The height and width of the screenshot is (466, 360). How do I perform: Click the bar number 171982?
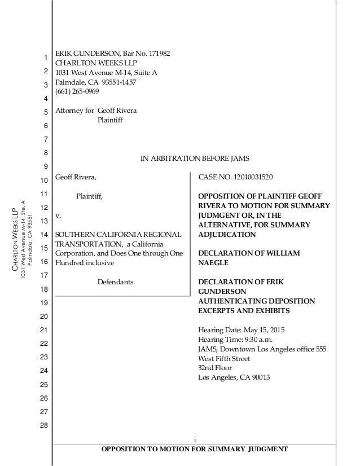pyautogui.click(x=156, y=54)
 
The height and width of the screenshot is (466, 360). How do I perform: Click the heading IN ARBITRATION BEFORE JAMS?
pyautogui.click(x=195, y=158)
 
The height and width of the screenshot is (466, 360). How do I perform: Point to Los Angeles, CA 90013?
pyautogui.click(x=234, y=378)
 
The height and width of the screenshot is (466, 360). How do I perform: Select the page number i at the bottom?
pyautogui.click(x=194, y=439)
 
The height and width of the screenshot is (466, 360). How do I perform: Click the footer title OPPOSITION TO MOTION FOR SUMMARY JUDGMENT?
pyautogui.click(x=194, y=449)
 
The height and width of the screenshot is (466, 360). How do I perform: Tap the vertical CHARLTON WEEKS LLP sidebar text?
pyautogui.click(x=16, y=239)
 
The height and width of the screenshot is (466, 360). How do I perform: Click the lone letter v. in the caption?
pyautogui.click(x=58, y=216)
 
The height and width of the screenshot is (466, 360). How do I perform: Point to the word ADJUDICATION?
pyautogui.click(x=226, y=234)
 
